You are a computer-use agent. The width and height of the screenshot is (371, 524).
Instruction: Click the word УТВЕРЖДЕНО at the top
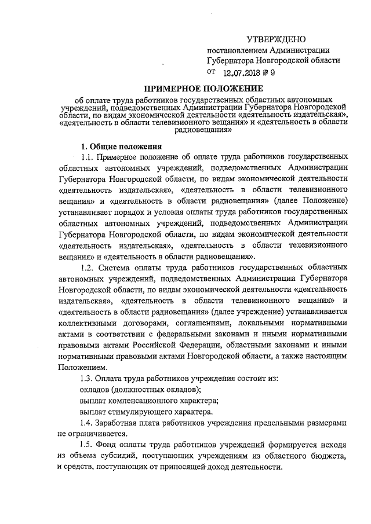point(276,39)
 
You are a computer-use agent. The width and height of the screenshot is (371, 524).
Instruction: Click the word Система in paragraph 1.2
point(116,268)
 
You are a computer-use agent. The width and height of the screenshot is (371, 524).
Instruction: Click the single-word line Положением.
point(82,368)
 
